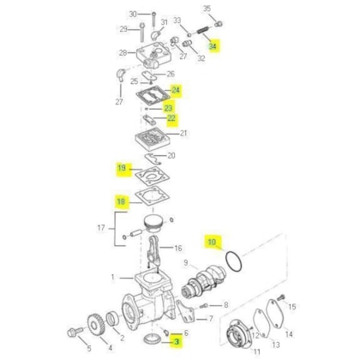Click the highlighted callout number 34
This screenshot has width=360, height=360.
(x=213, y=46)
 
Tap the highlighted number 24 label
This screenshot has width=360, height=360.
(x=176, y=90)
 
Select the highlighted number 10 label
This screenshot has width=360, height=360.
(x=212, y=242)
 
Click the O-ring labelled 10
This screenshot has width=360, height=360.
(x=234, y=261)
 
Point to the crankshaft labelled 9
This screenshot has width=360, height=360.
(x=204, y=282)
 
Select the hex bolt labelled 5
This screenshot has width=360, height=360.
(x=75, y=332)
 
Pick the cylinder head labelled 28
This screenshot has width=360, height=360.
(x=153, y=56)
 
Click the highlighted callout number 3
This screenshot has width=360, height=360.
(x=177, y=341)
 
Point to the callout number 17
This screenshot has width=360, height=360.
(x=101, y=228)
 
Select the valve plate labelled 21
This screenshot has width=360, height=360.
(x=153, y=139)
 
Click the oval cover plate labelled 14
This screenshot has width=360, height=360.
(x=276, y=315)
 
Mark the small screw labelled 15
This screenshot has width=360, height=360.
(x=280, y=297)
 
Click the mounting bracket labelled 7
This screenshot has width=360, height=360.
(x=186, y=312)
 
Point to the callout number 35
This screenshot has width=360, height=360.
(x=207, y=9)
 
